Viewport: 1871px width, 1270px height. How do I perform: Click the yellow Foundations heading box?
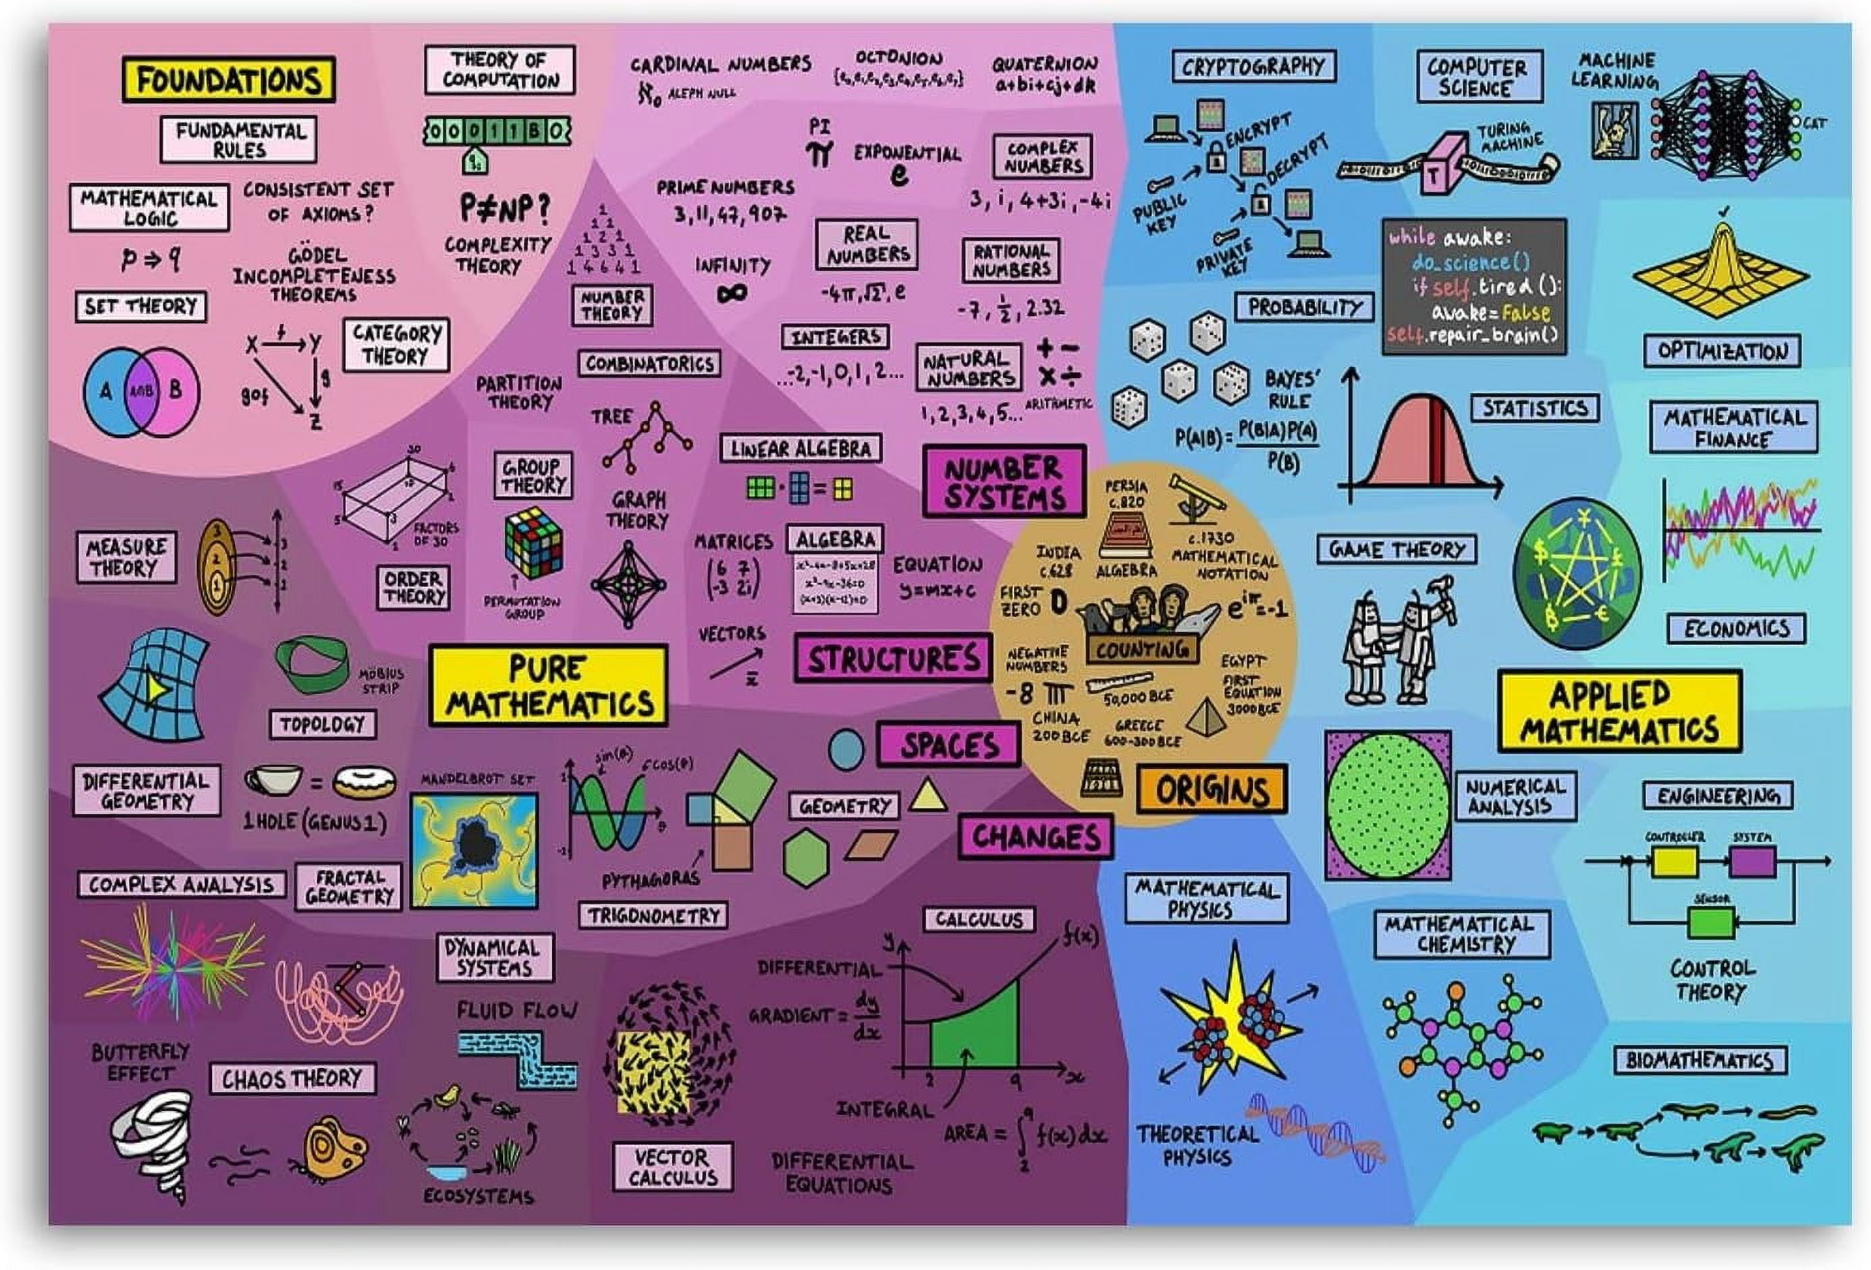click(x=229, y=79)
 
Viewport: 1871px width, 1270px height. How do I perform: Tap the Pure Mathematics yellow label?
click(x=548, y=686)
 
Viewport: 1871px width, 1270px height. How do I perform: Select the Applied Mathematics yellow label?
click(x=1619, y=712)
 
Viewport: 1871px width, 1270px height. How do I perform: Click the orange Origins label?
click(x=1212, y=790)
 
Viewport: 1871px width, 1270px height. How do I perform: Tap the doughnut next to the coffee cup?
click(x=364, y=781)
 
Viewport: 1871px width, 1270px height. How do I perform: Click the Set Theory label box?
click(x=141, y=306)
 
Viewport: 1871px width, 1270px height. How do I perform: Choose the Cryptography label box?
click(x=1253, y=67)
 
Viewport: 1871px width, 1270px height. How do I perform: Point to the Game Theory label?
click(x=1396, y=550)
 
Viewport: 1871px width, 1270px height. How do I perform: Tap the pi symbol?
click(x=819, y=153)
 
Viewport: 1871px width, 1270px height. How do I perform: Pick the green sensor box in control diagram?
click(x=1711, y=922)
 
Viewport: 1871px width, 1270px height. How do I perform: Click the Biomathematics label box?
click(x=1700, y=1060)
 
